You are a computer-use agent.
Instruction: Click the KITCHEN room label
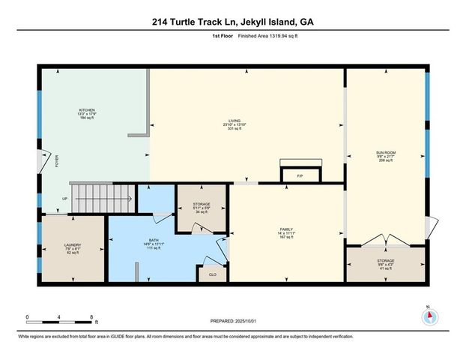(87, 109)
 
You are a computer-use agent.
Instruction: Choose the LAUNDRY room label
(72, 245)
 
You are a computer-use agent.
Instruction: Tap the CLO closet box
(212, 274)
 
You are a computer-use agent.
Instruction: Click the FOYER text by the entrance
(56, 160)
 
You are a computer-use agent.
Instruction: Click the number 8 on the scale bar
(91, 316)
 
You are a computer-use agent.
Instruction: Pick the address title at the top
(232, 22)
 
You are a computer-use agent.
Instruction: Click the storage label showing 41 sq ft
(385, 264)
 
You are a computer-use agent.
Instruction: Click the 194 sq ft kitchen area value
(87, 118)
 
